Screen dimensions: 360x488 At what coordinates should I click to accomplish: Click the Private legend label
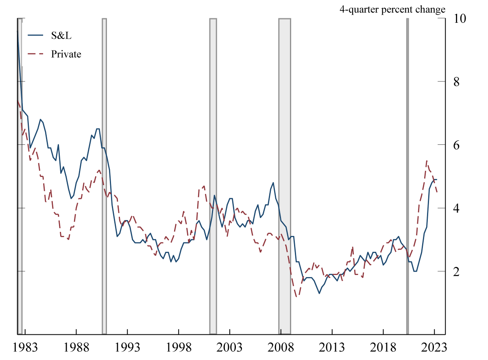(x=66, y=54)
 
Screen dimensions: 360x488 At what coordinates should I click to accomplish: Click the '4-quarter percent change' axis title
(x=392, y=9)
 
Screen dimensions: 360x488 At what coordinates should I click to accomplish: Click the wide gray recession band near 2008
(x=285, y=175)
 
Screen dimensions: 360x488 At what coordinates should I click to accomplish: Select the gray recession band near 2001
(x=213, y=175)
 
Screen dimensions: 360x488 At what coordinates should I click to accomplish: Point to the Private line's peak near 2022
(x=426, y=161)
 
